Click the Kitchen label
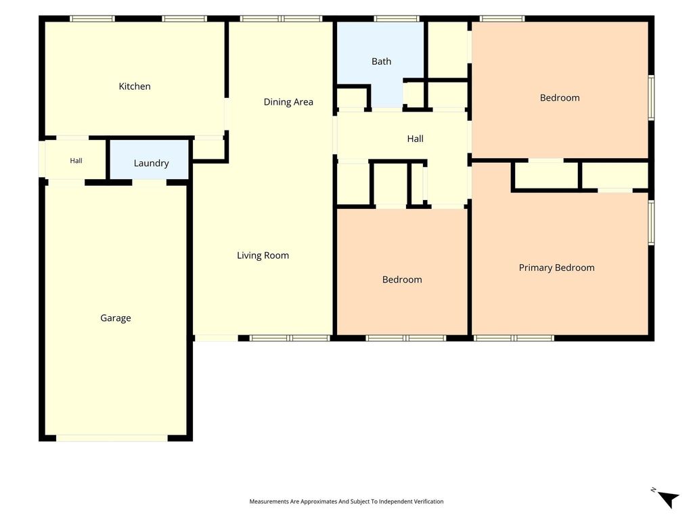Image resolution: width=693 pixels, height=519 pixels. click(x=135, y=86)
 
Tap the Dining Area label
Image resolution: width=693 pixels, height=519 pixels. click(x=288, y=102)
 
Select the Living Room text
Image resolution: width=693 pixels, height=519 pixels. click(x=263, y=255)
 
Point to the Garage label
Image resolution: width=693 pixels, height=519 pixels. click(x=115, y=318)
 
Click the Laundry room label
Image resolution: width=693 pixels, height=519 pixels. click(x=151, y=164)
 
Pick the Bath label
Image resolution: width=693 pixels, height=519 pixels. click(x=382, y=61)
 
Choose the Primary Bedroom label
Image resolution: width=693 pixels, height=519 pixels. click(x=556, y=268)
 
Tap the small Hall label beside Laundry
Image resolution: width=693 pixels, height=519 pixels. click(x=76, y=161)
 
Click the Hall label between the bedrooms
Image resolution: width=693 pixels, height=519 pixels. click(x=415, y=139)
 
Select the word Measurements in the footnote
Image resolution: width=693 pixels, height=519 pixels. click(x=269, y=501)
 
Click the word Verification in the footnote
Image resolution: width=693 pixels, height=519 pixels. click(x=427, y=501)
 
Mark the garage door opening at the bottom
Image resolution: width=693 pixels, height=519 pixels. click(x=112, y=438)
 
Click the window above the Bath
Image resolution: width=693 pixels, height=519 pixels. click(x=397, y=18)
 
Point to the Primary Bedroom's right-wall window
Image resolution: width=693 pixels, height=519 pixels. click(x=651, y=222)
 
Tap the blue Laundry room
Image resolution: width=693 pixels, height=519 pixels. click(x=150, y=159)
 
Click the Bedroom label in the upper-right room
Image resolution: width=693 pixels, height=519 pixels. click(x=560, y=98)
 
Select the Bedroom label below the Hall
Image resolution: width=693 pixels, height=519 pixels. click(x=402, y=280)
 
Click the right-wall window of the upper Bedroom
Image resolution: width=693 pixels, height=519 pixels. click(x=651, y=97)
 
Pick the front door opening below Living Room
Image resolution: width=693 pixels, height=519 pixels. click(x=217, y=338)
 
